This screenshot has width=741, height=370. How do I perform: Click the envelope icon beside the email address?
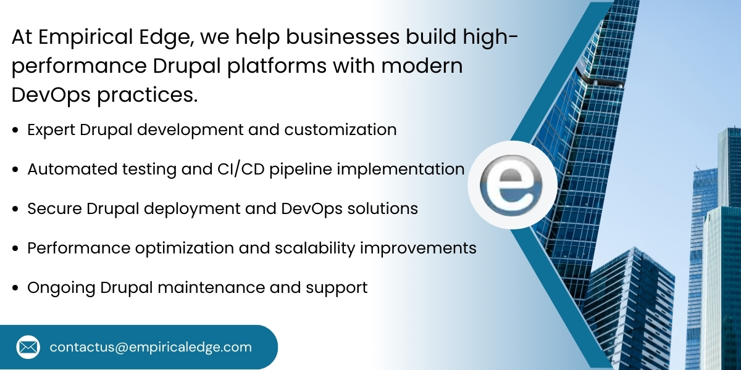(x=28, y=347)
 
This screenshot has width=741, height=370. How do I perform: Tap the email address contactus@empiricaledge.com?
(x=151, y=347)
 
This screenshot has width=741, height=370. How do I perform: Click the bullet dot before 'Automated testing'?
(x=15, y=170)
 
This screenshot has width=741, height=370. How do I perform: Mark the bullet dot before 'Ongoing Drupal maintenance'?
(x=15, y=288)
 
